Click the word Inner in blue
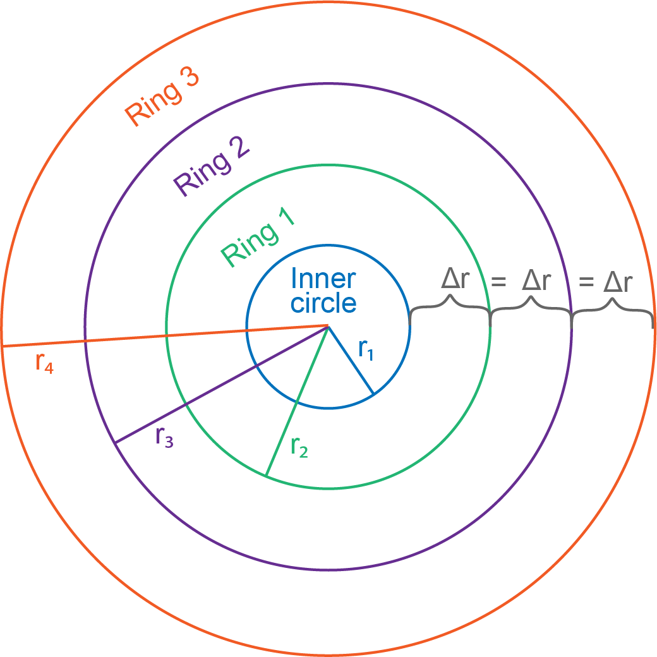[323, 279]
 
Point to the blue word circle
[323, 303]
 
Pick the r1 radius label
[366, 349]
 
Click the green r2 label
[299, 447]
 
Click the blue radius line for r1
[351, 360]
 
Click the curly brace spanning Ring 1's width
[450, 306]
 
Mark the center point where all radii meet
[328, 326]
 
